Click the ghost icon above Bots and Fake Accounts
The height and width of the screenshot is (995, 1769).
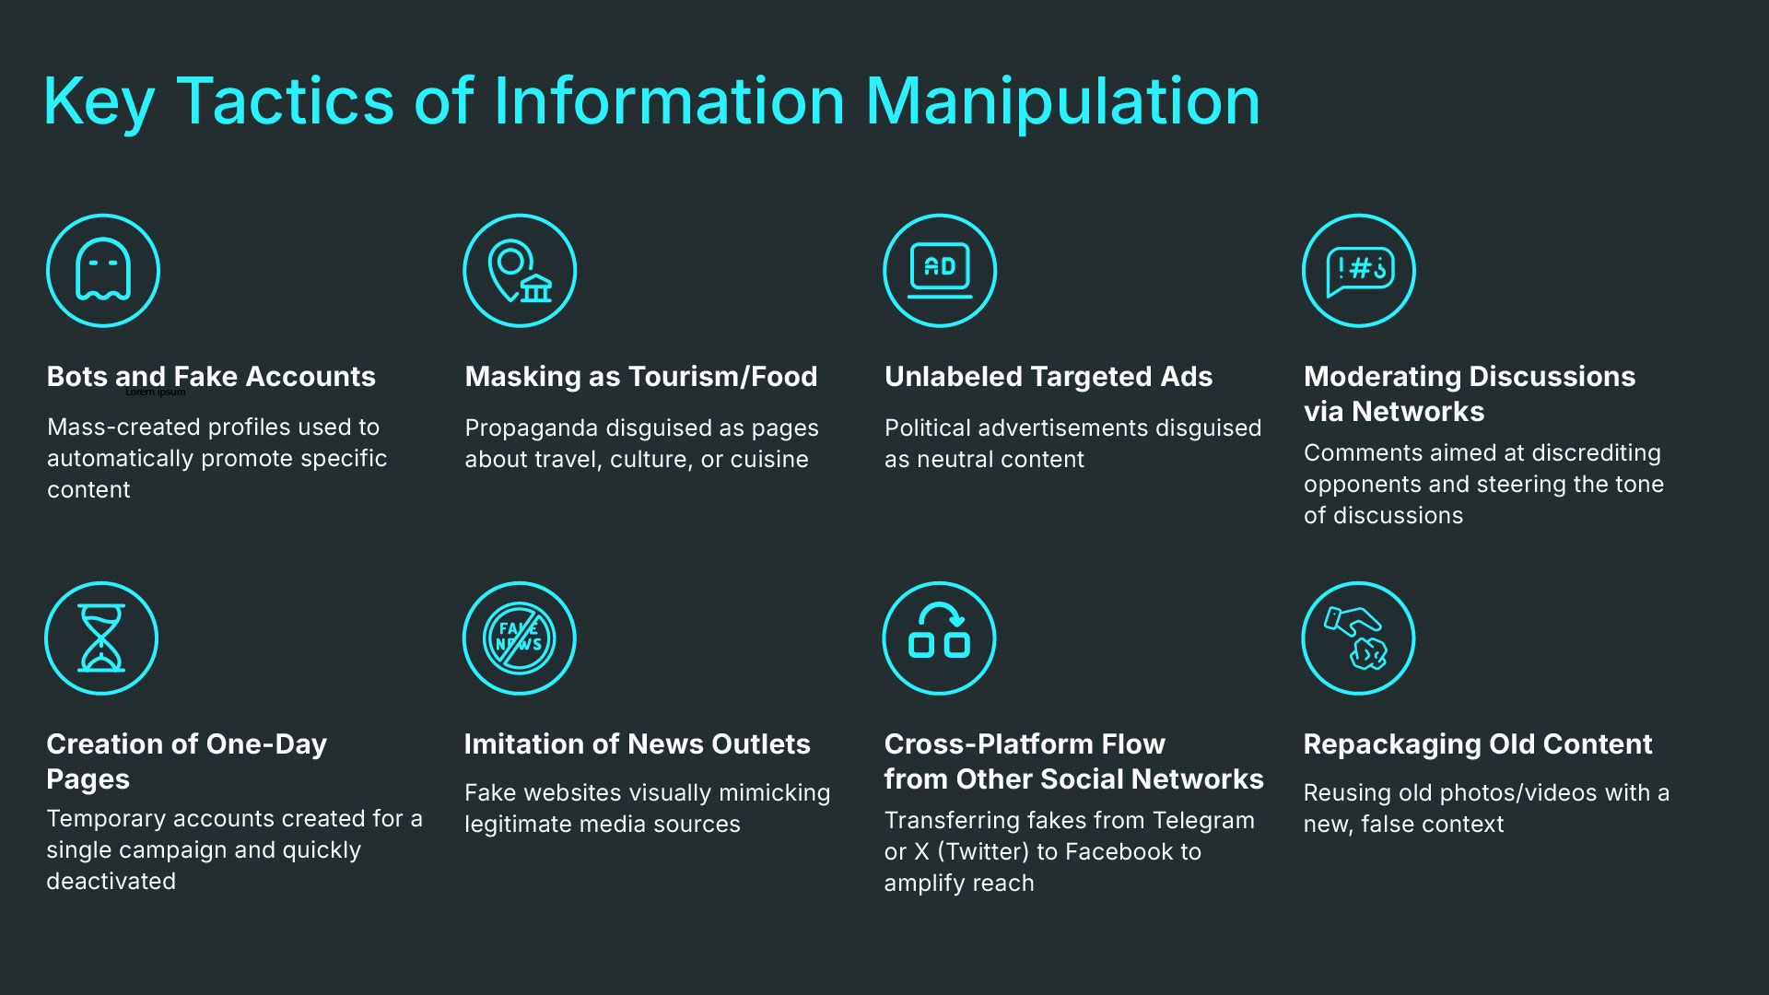coord(103,271)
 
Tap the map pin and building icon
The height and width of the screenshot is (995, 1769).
coord(520,271)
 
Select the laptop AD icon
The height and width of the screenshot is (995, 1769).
coord(940,271)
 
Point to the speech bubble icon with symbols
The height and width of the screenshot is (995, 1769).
coord(1359,271)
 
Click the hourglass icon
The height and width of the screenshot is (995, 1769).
coord(101,638)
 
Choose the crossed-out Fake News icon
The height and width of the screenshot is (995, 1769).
coord(520,638)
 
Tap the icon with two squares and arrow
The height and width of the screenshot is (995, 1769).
coord(940,638)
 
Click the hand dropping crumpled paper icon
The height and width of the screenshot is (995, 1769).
coord(1358,638)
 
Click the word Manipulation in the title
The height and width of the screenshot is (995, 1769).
coord(1062,101)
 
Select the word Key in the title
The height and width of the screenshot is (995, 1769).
coord(99,103)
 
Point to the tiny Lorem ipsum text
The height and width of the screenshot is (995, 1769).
coord(155,392)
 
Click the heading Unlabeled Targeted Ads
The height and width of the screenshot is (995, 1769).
coord(1048,376)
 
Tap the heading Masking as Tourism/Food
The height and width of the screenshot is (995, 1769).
coord(640,376)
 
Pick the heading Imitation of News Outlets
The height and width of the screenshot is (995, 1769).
coord(637,743)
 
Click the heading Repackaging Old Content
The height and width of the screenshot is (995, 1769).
coord(1477,743)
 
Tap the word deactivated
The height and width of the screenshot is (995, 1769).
coord(111,881)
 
